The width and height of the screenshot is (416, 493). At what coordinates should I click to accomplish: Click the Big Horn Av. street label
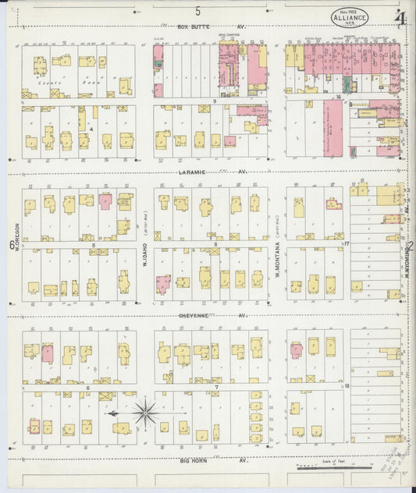(x=213, y=460)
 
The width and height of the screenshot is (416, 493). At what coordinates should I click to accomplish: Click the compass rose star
(x=144, y=412)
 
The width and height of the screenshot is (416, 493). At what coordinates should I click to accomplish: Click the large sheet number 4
(x=400, y=18)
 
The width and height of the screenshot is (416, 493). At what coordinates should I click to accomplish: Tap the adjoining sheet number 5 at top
(x=198, y=10)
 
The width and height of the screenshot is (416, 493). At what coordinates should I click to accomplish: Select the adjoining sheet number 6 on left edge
(x=11, y=247)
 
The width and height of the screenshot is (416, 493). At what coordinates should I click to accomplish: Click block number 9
(x=213, y=101)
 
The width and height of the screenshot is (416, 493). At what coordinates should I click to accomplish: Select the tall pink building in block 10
(x=332, y=128)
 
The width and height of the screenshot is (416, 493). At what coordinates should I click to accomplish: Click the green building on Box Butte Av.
(x=158, y=55)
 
